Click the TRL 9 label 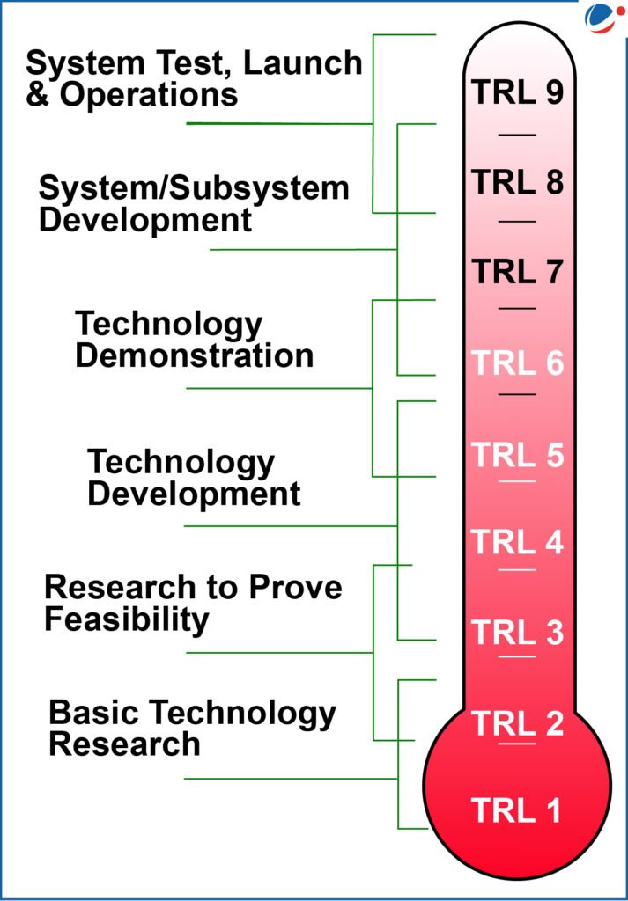(517, 92)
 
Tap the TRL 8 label (517, 181)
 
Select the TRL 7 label (517, 271)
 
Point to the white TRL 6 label (517, 363)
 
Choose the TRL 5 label (517, 454)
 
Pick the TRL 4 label (517, 542)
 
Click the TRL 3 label (517, 632)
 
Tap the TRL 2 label (517, 722)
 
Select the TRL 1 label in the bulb (516, 810)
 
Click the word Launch (303, 62)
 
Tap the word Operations (148, 95)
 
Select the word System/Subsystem (194, 188)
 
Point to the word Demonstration (195, 355)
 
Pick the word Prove (295, 587)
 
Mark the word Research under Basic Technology (124, 744)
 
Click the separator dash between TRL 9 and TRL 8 (517, 135)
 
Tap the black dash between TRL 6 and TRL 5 (517, 395)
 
